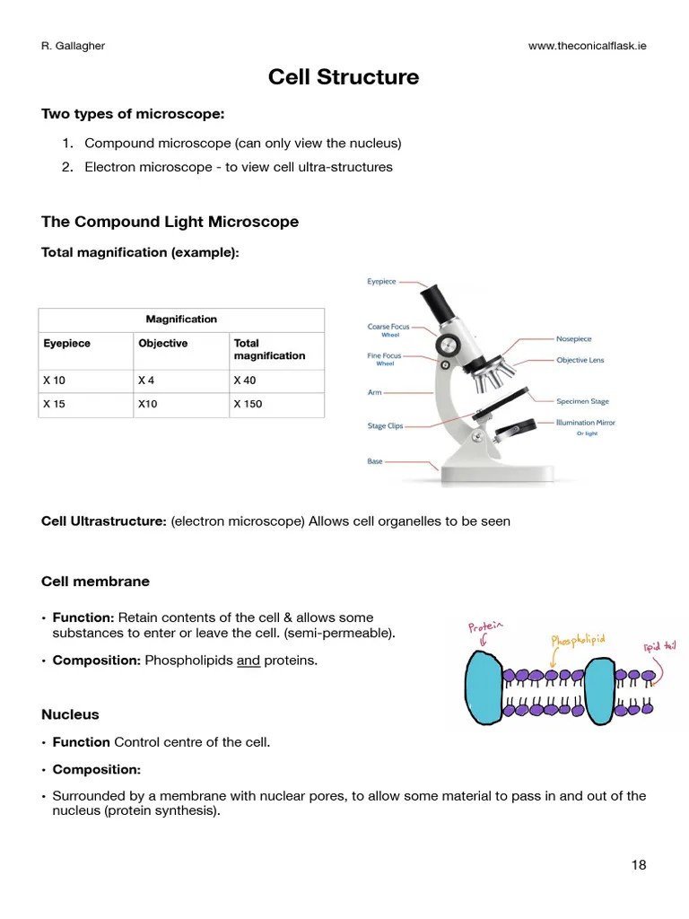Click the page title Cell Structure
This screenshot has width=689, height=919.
pyautogui.click(x=344, y=77)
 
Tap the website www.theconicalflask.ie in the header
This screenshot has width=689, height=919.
pyautogui.click(x=587, y=46)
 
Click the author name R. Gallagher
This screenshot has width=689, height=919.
pyautogui.click(x=74, y=46)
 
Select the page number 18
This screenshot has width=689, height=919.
pyautogui.click(x=638, y=865)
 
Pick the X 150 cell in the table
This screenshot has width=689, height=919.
pyautogui.click(x=248, y=404)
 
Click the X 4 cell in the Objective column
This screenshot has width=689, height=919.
pyautogui.click(x=146, y=380)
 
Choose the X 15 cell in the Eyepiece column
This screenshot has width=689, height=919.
pyautogui.click(x=54, y=404)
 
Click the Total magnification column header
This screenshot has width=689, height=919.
pyautogui.click(x=269, y=349)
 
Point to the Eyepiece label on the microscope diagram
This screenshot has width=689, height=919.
pyautogui.click(x=381, y=281)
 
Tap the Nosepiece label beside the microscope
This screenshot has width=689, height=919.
pyautogui.click(x=573, y=339)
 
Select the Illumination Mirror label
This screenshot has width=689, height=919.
pyautogui.click(x=586, y=422)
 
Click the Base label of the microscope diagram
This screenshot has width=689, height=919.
pyautogui.click(x=374, y=461)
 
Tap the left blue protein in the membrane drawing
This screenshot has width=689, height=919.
pyautogui.click(x=484, y=687)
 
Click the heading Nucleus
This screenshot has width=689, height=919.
pyautogui.click(x=70, y=714)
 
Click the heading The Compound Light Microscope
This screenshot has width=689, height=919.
pyautogui.click(x=170, y=222)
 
